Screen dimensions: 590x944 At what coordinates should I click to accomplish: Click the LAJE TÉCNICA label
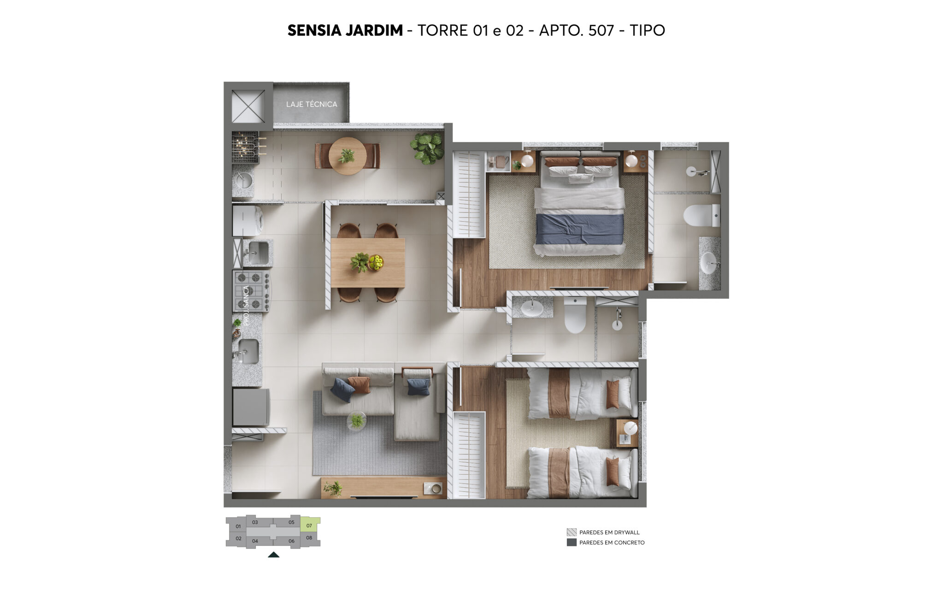pos(311,104)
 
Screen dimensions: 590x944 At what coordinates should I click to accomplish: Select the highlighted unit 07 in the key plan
pos(309,525)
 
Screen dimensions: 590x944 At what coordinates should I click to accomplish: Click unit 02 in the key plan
pos(238,538)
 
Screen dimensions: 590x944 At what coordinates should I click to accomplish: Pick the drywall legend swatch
pos(572,532)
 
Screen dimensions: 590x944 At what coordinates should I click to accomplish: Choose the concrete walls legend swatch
pos(572,543)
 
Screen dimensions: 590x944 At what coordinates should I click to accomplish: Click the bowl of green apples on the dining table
pos(376,262)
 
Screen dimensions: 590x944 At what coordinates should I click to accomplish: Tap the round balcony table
pos(348,156)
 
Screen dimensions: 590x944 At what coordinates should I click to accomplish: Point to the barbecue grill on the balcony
pos(245,147)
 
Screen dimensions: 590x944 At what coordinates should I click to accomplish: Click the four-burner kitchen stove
pos(251,291)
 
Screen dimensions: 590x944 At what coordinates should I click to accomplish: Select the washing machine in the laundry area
pos(248,220)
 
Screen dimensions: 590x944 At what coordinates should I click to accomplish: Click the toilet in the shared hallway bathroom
pos(575,316)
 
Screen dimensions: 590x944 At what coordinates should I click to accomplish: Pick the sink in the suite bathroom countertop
pos(710,263)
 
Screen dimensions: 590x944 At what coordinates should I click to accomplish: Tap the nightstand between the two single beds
pos(627,433)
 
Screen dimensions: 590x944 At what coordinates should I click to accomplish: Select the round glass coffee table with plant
pos(357,420)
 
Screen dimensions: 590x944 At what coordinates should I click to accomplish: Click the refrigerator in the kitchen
pos(251,407)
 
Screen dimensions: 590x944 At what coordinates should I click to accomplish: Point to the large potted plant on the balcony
pos(427,148)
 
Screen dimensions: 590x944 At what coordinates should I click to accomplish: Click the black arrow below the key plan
pos(273,555)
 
